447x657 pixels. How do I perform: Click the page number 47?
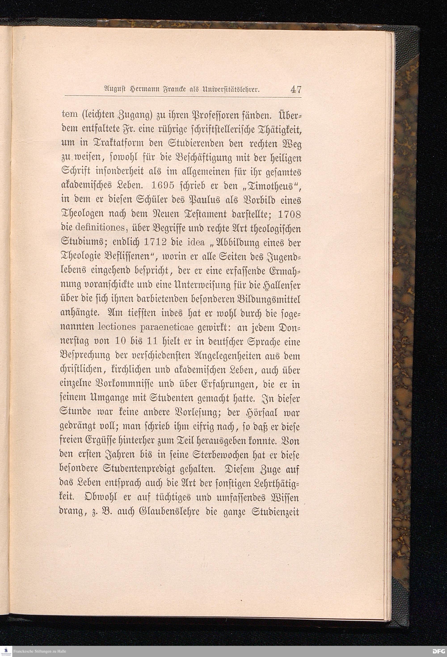[295, 90]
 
